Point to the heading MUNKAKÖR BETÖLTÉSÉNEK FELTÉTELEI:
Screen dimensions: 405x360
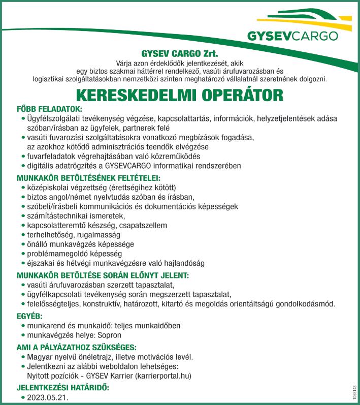click(x=88, y=178)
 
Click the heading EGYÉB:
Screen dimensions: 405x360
click(x=29, y=316)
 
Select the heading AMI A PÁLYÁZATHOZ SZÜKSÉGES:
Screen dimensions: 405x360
click(x=76, y=347)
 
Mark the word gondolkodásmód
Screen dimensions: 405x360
click(x=307, y=304)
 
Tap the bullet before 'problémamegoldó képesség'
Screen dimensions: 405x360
click(x=23, y=254)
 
